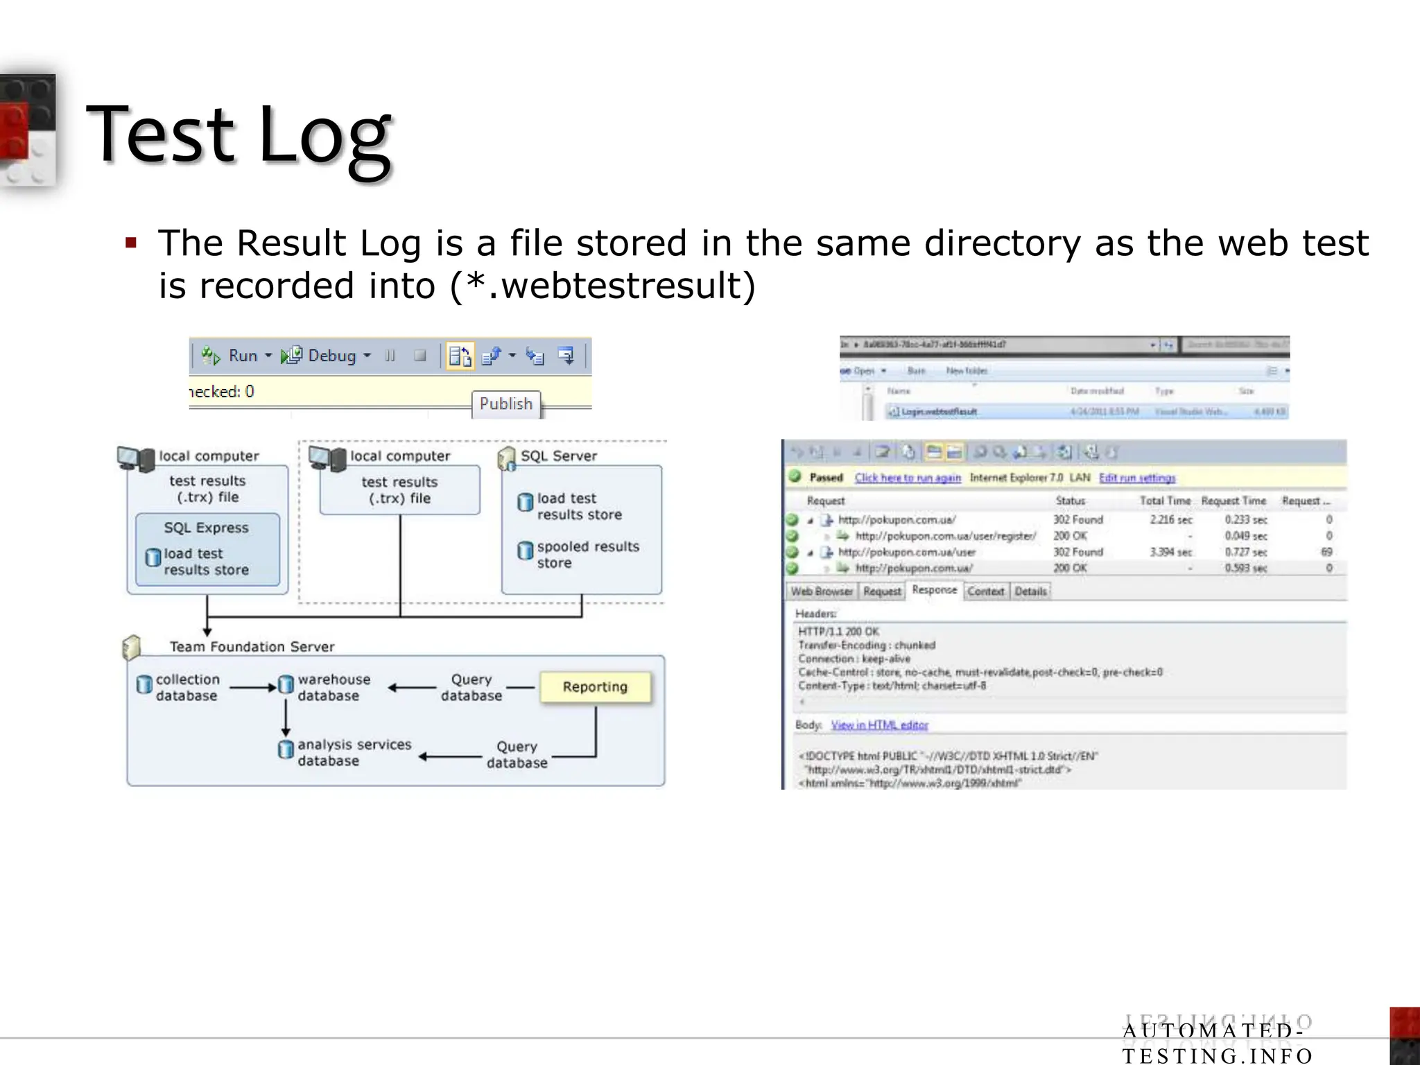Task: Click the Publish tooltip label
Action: click(505, 404)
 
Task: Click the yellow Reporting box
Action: click(595, 686)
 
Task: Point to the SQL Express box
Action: click(207, 528)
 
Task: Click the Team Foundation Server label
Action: click(252, 646)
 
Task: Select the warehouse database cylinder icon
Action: click(286, 685)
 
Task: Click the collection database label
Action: click(187, 687)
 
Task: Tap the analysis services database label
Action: click(354, 752)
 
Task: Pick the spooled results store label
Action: click(587, 555)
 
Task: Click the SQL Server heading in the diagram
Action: click(558, 456)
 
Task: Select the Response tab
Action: click(934, 590)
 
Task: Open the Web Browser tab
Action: click(822, 591)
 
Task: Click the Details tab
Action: click(1030, 591)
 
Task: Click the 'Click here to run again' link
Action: click(908, 478)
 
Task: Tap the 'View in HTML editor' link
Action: click(879, 725)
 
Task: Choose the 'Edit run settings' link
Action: click(1137, 478)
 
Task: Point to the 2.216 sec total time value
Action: click(1170, 519)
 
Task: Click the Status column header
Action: click(1070, 501)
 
